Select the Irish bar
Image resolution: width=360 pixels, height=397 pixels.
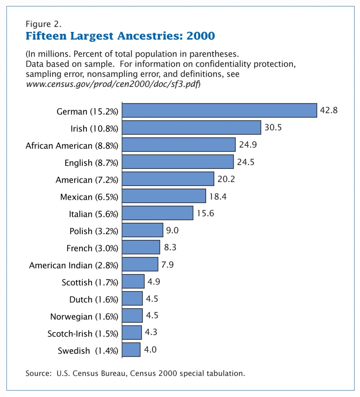pyautogui.click(x=192, y=128)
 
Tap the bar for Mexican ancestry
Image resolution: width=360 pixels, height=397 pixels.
pyautogui.click(x=164, y=196)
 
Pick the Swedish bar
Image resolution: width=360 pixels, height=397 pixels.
pyautogui.click(x=131, y=350)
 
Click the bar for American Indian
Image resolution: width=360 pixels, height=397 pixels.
pyautogui.click(x=140, y=264)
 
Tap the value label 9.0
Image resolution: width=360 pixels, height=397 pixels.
pyautogui.click(x=172, y=230)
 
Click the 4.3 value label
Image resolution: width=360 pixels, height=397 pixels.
pyautogui.click(x=151, y=333)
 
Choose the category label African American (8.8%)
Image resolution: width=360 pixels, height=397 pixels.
pyautogui.click(x=72, y=145)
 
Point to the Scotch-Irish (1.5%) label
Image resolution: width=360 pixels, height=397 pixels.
pyautogui.click(x=82, y=334)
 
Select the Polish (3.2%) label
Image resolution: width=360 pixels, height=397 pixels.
pyautogui.click(x=94, y=231)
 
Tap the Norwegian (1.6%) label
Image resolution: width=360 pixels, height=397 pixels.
pyautogui.click(x=84, y=316)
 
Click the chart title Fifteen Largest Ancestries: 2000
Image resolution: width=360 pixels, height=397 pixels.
pyautogui.click(x=120, y=35)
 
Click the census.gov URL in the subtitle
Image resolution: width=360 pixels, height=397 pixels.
pyautogui.click(x=112, y=84)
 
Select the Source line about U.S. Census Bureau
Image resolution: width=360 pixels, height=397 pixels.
pyautogui.click(x=135, y=373)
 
